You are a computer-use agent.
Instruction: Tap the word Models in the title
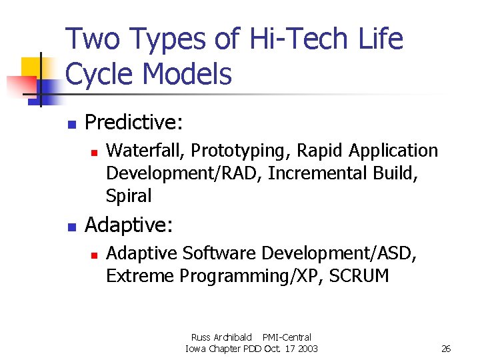tap(187, 75)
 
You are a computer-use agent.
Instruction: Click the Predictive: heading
tap(135, 122)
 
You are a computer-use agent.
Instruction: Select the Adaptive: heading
tap(129, 225)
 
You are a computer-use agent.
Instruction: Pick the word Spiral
tap(129, 196)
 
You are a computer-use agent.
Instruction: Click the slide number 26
tap(446, 349)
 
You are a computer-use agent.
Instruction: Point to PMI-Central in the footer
tap(287, 337)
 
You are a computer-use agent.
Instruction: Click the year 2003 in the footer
tap(307, 349)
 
